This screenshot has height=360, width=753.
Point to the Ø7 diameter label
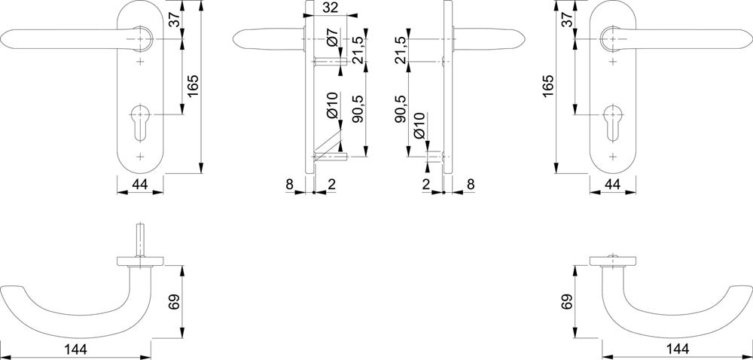[334, 38]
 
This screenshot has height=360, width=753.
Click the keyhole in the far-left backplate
[140, 122]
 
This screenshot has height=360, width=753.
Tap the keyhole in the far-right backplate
[613, 122]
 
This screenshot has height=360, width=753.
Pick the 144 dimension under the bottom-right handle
[676, 349]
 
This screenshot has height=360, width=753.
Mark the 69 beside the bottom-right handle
[567, 302]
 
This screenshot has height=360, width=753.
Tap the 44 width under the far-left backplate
[140, 185]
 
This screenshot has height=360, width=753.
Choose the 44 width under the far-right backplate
[613, 185]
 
